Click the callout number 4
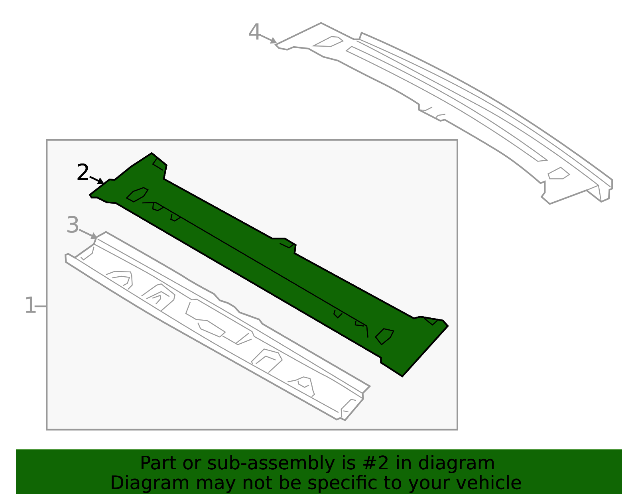tap(254, 31)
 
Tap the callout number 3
tap(73, 225)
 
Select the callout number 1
tap(30, 305)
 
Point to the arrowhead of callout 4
tap(274, 41)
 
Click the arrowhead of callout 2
tap(101, 181)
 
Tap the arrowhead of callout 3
tap(94, 236)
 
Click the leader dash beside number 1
tap(41, 306)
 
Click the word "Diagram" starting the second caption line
tap(150, 483)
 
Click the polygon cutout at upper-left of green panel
tap(137, 195)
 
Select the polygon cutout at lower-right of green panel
tap(384, 337)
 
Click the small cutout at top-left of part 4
tap(328, 42)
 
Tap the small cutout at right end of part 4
tap(559, 173)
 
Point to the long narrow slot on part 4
tap(446, 103)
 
